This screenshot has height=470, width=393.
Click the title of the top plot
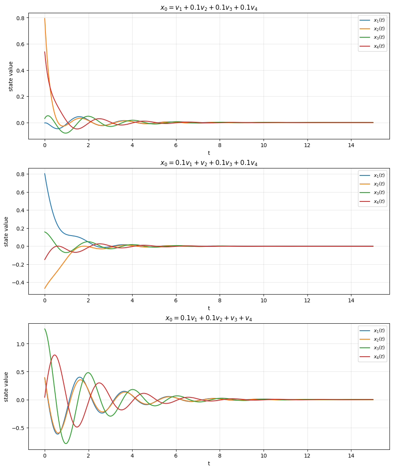point(209,8)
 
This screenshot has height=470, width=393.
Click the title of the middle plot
point(209,163)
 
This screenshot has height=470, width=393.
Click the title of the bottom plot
point(209,318)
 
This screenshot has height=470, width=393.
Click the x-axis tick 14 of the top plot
point(351,145)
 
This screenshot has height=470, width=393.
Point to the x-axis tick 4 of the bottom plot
point(132,456)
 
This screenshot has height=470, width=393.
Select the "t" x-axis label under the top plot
point(209,153)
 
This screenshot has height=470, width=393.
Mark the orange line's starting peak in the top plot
point(45,18)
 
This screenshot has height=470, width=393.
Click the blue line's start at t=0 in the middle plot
point(45,174)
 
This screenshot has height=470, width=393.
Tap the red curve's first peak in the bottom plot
point(54,355)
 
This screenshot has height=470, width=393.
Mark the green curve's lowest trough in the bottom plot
point(66,444)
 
